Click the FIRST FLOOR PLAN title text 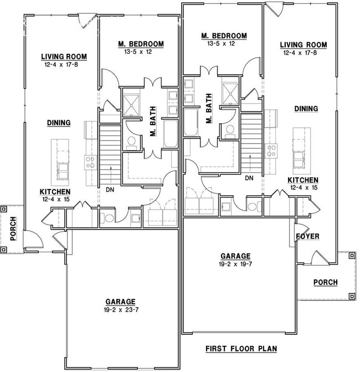(241, 349)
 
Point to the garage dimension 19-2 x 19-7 (235, 264)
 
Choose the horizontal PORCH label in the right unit (325, 282)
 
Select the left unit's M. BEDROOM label (141, 44)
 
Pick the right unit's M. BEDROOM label (223, 36)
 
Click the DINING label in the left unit (58, 123)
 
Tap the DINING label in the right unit (306, 109)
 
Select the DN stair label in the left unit (110, 189)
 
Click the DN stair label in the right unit (249, 178)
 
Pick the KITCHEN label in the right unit (302, 180)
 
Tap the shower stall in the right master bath (229, 91)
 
